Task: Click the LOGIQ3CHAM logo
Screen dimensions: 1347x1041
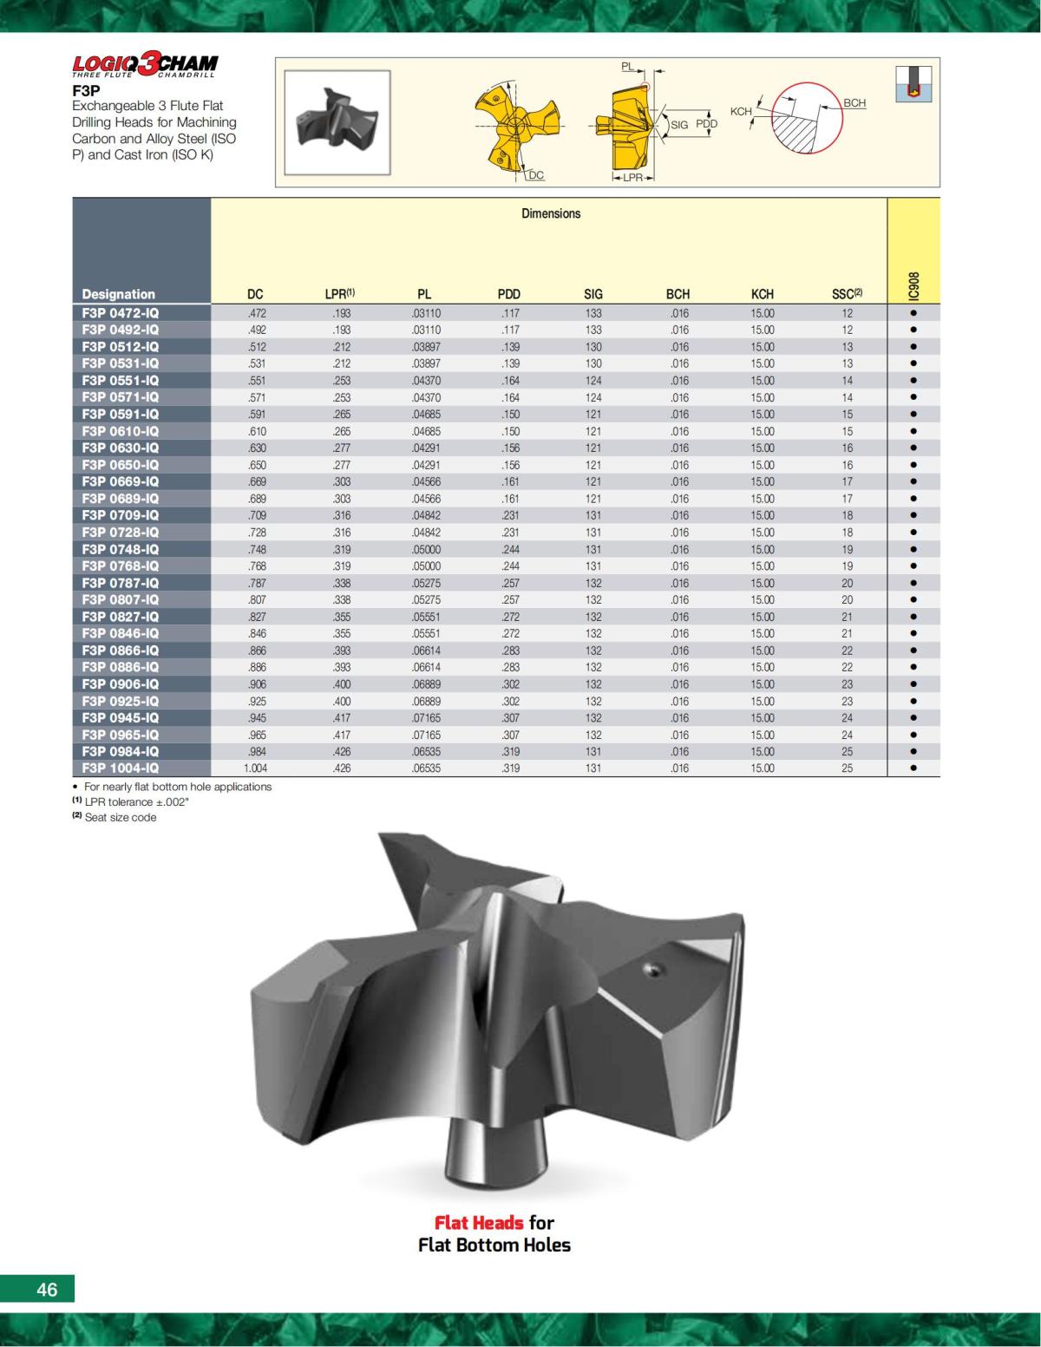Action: [x=145, y=64]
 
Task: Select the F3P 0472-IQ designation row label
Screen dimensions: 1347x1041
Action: [x=121, y=313]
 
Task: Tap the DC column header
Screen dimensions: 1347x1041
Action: [x=255, y=294]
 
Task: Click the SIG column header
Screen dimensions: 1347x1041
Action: [x=593, y=294]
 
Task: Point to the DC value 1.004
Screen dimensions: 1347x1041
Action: [x=255, y=768]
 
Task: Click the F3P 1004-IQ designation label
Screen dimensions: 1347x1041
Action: [x=121, y=768]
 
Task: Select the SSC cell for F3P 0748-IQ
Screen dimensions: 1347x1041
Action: [x=847, y=549]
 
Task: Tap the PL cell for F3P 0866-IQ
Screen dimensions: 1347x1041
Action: [x=426, y=651]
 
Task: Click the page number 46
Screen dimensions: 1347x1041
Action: [x=47, y=1289]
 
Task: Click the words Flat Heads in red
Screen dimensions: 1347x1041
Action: [x=479, y=1223]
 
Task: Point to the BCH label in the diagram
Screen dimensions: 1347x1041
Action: [x=854, y=103]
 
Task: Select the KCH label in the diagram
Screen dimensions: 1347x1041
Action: [x=741, y=112]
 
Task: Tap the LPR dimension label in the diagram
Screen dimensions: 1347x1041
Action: [x=632, y=178]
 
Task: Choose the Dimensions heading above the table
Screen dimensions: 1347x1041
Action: [x=551, y=213]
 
